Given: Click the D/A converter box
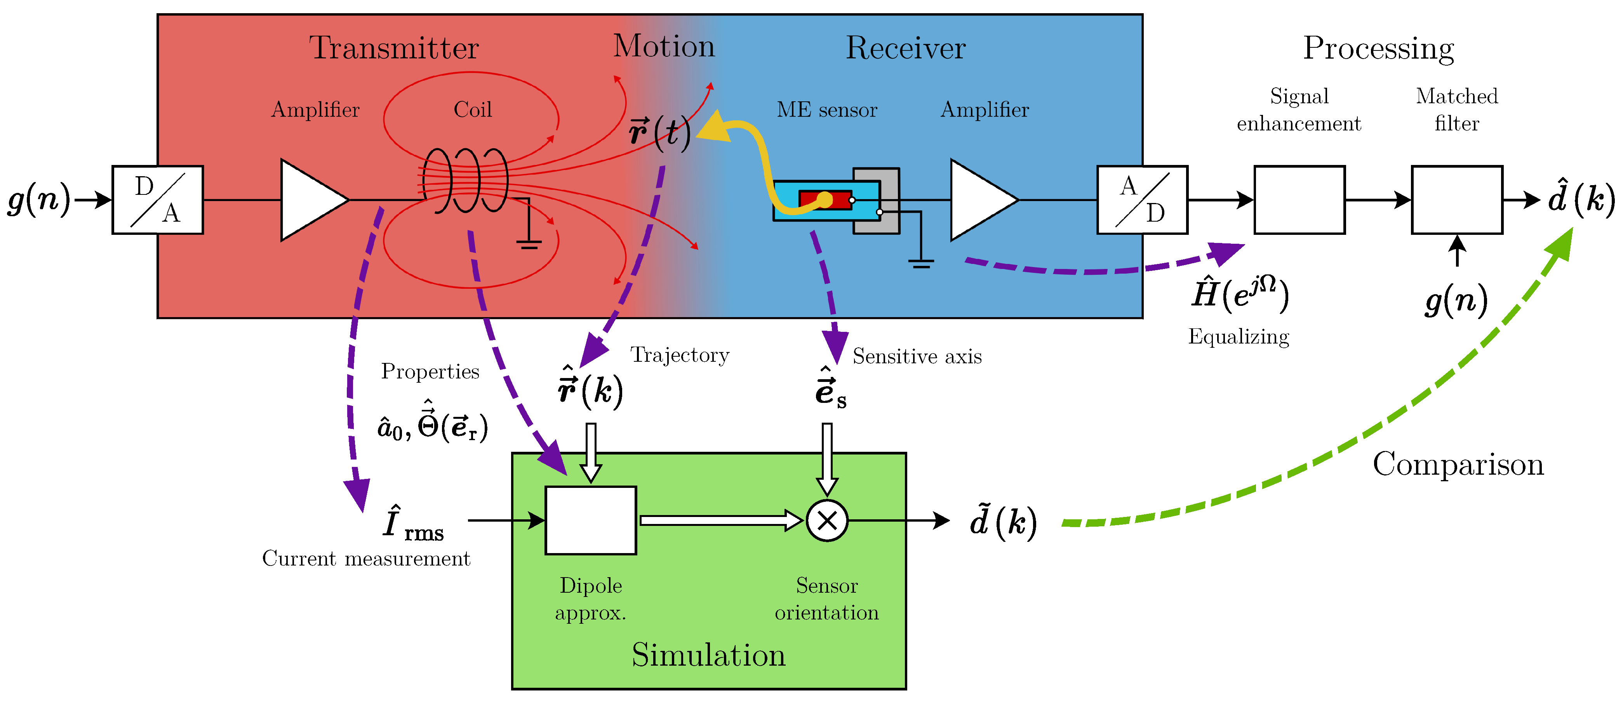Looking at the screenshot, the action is [x=158, y=199].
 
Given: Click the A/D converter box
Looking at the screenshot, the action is [x=1142, y=199].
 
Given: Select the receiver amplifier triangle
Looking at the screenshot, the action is [x=984, y=199].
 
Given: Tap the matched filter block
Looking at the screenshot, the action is [x=1457, y=199].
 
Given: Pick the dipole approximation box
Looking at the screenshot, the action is [x=590, y=520].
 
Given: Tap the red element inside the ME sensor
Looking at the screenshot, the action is [x=825, y=199].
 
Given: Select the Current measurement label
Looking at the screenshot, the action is [x=366, y=558].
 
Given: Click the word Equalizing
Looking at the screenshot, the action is [x=1239, y=337].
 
